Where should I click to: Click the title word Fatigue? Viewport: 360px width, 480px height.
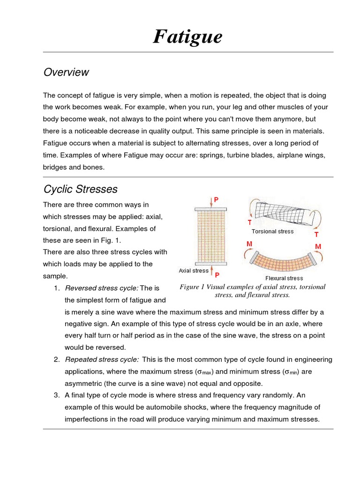(187, 37)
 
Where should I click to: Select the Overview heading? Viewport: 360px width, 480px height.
(66, 72)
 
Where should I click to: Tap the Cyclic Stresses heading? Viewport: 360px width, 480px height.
(80, 189)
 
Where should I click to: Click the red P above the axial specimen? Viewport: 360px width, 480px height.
(216, 200)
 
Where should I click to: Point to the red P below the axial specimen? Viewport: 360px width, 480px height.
(217, 275)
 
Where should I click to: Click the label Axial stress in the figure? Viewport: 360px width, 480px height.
(194, 270)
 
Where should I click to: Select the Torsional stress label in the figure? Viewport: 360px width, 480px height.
(272, 231)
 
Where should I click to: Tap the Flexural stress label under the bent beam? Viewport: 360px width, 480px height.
(284, 278)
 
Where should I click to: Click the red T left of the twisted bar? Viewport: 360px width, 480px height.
(250, 223)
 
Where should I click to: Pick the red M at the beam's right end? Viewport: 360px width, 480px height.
(318, 247)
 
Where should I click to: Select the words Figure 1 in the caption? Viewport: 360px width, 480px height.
(193, 287)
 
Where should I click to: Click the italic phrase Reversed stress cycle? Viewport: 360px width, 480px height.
(101, 288)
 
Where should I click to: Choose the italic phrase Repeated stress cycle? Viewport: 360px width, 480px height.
(102, 359)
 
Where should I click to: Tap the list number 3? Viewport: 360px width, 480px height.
(56, 395)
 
